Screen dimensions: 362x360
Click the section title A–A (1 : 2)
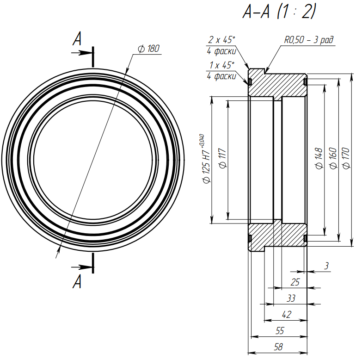(279, 12)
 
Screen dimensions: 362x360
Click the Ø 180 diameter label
(149, 49)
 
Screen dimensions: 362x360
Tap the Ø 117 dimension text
(222, 159)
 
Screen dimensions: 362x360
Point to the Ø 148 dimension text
(319, 159)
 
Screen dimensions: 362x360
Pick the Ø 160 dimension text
(333, 159)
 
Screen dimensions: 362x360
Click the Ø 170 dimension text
(346, 159)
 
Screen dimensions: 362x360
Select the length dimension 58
(278, 347)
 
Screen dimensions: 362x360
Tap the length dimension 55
(280, 331)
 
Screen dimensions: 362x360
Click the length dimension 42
(287, 315)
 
